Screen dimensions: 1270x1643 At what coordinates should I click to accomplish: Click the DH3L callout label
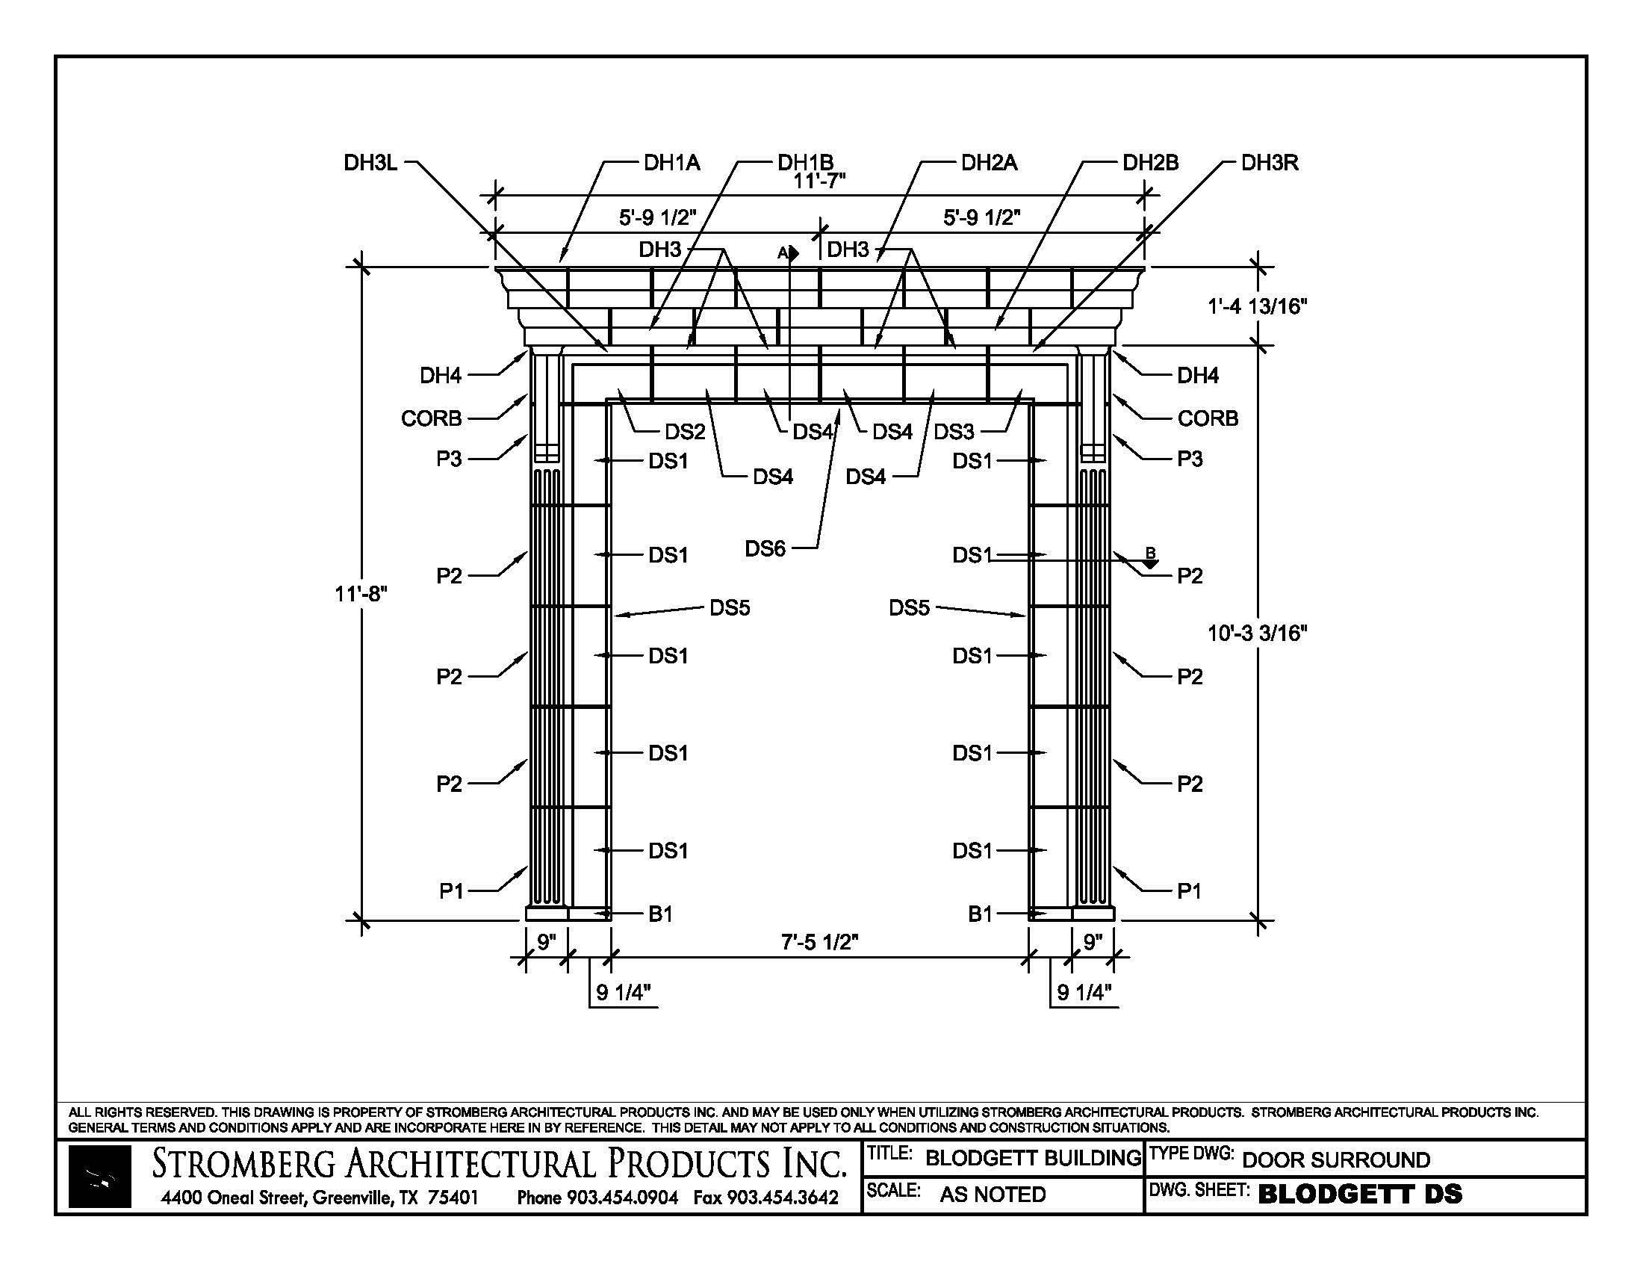click(370, 163)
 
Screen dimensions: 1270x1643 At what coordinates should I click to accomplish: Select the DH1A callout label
click(672, 163)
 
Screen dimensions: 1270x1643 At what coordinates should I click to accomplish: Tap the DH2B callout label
click(1150, 163)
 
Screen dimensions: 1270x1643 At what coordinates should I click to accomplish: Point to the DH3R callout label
click(1270, 163)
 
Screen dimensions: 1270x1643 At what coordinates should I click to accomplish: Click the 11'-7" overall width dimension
click(819, 182)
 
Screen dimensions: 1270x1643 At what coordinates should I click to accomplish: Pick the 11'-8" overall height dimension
click(361, 595)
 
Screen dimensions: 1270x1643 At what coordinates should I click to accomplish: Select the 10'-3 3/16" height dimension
click(1258, 633)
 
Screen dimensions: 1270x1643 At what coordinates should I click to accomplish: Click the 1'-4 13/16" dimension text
click(1258, 306)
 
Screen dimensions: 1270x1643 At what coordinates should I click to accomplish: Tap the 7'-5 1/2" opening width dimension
click(819, 942)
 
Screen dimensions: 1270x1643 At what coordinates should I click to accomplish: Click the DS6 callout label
click(765, 548)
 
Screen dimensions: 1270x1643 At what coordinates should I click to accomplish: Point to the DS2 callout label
click(685, 432)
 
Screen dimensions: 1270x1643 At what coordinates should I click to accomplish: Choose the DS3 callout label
click(954, 432)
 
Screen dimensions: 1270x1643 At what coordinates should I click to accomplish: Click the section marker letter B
click(1150, 553)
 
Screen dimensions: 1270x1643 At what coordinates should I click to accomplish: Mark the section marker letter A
click(783, 253)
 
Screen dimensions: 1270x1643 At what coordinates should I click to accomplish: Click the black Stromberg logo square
click(100, 1176)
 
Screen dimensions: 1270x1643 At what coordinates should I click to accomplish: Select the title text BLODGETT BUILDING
click(1033, 1158)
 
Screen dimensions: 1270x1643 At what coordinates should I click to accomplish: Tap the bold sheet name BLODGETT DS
click(1360, 1194)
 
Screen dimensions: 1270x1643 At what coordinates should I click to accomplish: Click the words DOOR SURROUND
click(1336, 1159)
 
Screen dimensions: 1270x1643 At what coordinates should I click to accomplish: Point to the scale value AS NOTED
click(993, 1194)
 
